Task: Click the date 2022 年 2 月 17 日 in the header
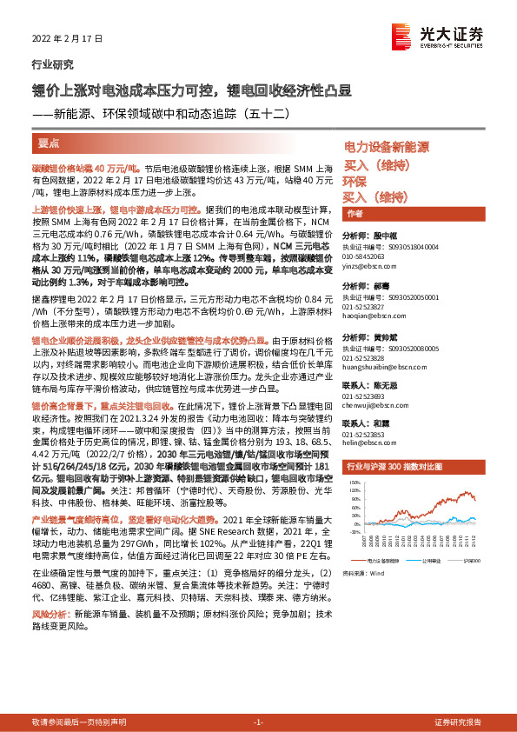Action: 67,39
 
